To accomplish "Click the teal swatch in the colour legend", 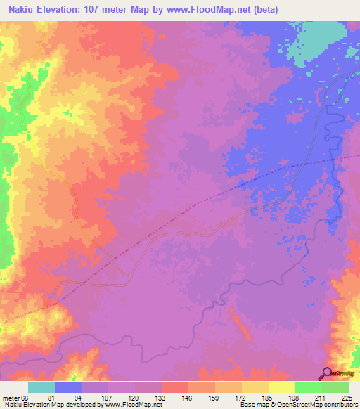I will click(x=41, y=387).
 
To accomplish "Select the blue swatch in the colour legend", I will click(x=68, y=387).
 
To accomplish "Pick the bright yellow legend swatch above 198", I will click(x=282, y=387).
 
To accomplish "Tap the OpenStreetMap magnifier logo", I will click(x=327, y=372).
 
